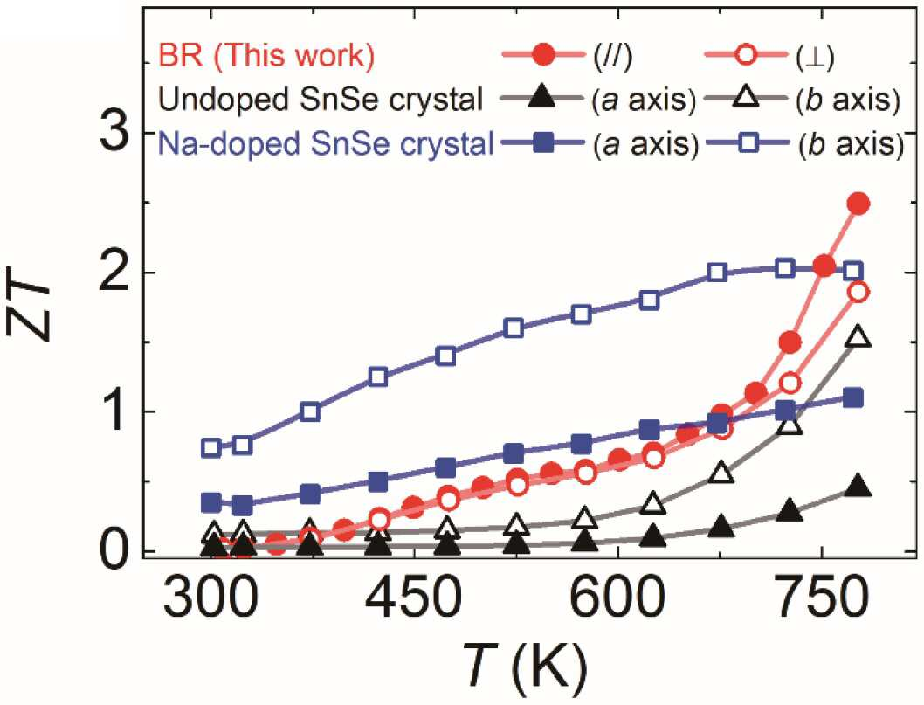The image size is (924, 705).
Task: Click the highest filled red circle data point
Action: point(858,204)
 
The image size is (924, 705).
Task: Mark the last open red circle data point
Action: point(858,292)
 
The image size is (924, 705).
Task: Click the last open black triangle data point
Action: point(858,336)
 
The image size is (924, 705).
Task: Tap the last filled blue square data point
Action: point(853,398)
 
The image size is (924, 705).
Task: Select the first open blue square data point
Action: point(211,447)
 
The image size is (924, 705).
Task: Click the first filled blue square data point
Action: point(211,503)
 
